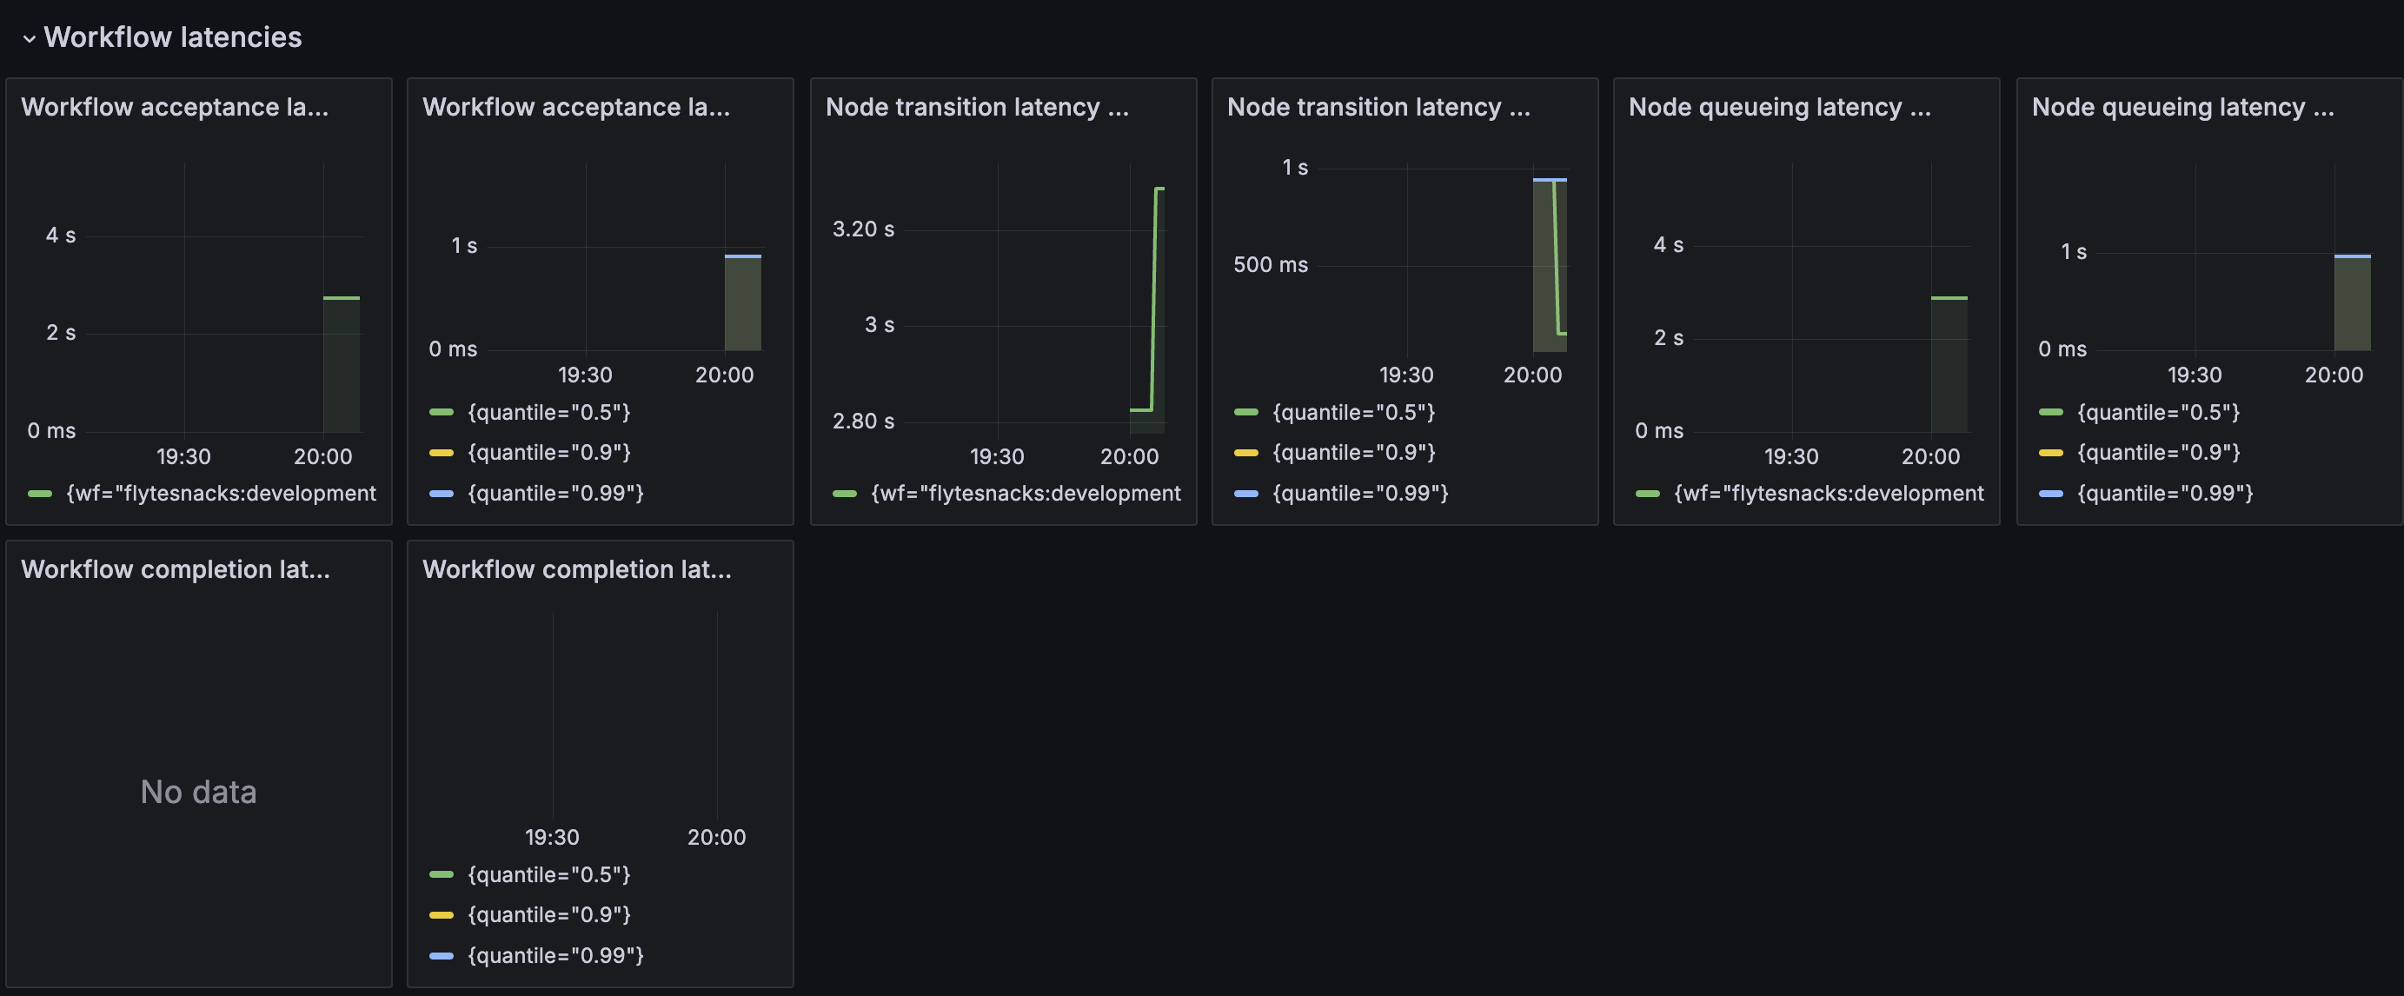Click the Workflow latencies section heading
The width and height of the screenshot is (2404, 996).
click(173, 37)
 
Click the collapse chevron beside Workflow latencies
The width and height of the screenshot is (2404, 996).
click(29, 38)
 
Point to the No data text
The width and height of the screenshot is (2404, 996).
click(198, 792)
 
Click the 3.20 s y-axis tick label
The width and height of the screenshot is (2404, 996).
click(863, 229)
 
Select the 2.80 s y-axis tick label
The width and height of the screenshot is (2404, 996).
click(863, 421)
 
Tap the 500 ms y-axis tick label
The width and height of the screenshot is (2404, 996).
click(1270, 265)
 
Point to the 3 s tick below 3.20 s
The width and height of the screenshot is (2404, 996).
click(879, 325)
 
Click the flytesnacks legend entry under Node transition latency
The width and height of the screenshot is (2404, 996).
click(1006, 493)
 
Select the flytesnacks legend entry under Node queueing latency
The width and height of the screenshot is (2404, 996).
click(1810, 493)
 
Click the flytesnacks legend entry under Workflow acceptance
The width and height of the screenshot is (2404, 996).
click(202, 493)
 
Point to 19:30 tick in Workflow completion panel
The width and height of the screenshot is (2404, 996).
click(552, 837)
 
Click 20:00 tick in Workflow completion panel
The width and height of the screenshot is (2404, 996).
click(717, 837)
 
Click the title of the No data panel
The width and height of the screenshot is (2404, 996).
click(176, 569)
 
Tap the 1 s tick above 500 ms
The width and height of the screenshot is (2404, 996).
click(1294, 168)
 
